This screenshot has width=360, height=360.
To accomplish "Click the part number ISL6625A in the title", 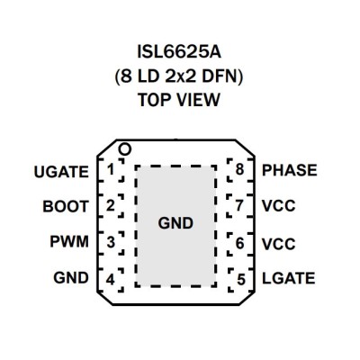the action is pos(179,52).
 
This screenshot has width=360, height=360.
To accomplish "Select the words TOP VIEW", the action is pos(179,100).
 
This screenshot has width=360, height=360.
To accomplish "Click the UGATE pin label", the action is pos(61,172).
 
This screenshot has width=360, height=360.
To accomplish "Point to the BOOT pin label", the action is pos(66,206).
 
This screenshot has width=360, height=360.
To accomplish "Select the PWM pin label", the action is pos(69,241).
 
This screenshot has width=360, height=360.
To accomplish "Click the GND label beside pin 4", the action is pos(71,277).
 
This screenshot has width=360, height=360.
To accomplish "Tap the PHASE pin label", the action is pos(290,170).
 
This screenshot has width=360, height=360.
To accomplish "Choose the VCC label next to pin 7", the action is pos(279,206).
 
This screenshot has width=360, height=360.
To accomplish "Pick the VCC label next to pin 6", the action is pos(279,244).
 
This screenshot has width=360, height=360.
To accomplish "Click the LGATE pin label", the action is pos(289,278).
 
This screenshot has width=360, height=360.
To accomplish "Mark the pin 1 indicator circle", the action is pos(125,149).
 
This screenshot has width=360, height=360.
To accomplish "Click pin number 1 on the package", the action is pos(111,170).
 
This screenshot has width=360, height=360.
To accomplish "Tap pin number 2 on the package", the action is pos(111,206).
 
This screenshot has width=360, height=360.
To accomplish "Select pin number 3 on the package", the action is pos(111,242).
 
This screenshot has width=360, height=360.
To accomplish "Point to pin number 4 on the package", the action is pos(111,280).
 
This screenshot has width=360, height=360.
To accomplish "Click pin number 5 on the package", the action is pos(241,279).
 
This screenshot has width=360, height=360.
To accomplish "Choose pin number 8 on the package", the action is pos(239,169).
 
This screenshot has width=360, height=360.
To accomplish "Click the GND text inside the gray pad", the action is pos(175,223).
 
